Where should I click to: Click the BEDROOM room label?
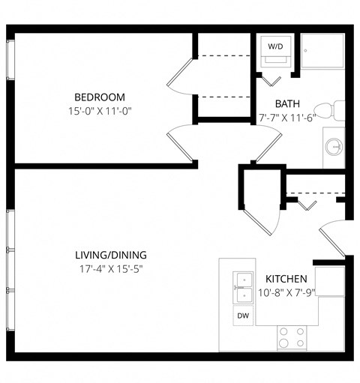(x=99, y=97)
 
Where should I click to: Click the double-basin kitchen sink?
(x=243, y=288)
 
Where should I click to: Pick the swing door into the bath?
(x=266, y=146)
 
